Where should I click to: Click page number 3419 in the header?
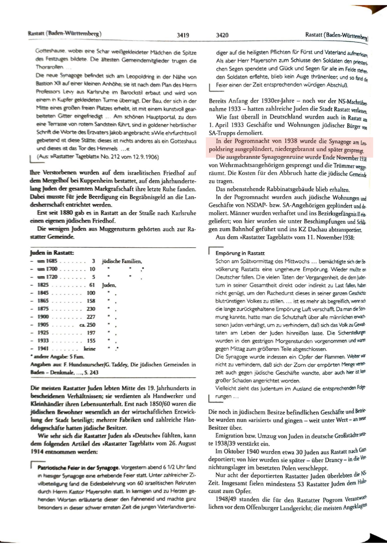tap(183, 35)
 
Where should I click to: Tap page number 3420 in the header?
tap(222, 35)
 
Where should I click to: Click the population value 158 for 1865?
tap(91, 301)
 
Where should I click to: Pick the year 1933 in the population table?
tap(43, 341)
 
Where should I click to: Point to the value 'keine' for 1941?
tap(90, 349)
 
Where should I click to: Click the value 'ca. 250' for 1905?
tap(87, 325)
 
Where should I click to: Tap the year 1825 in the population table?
tap(43, 285)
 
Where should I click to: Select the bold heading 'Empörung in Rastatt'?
tap(240, 253)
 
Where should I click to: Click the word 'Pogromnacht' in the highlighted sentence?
tap(249, 141)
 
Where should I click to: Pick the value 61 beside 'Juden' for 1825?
tap(92, 285)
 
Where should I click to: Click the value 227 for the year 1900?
tap(91, 317)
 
